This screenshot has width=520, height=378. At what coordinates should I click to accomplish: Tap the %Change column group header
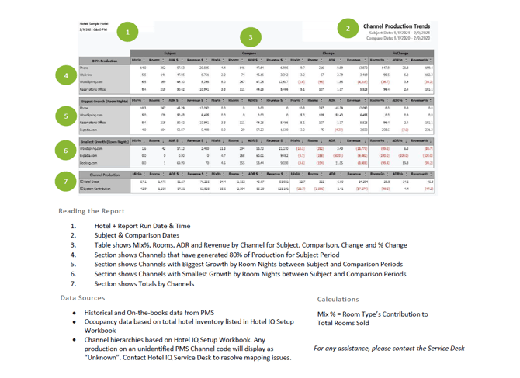point(428,52)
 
